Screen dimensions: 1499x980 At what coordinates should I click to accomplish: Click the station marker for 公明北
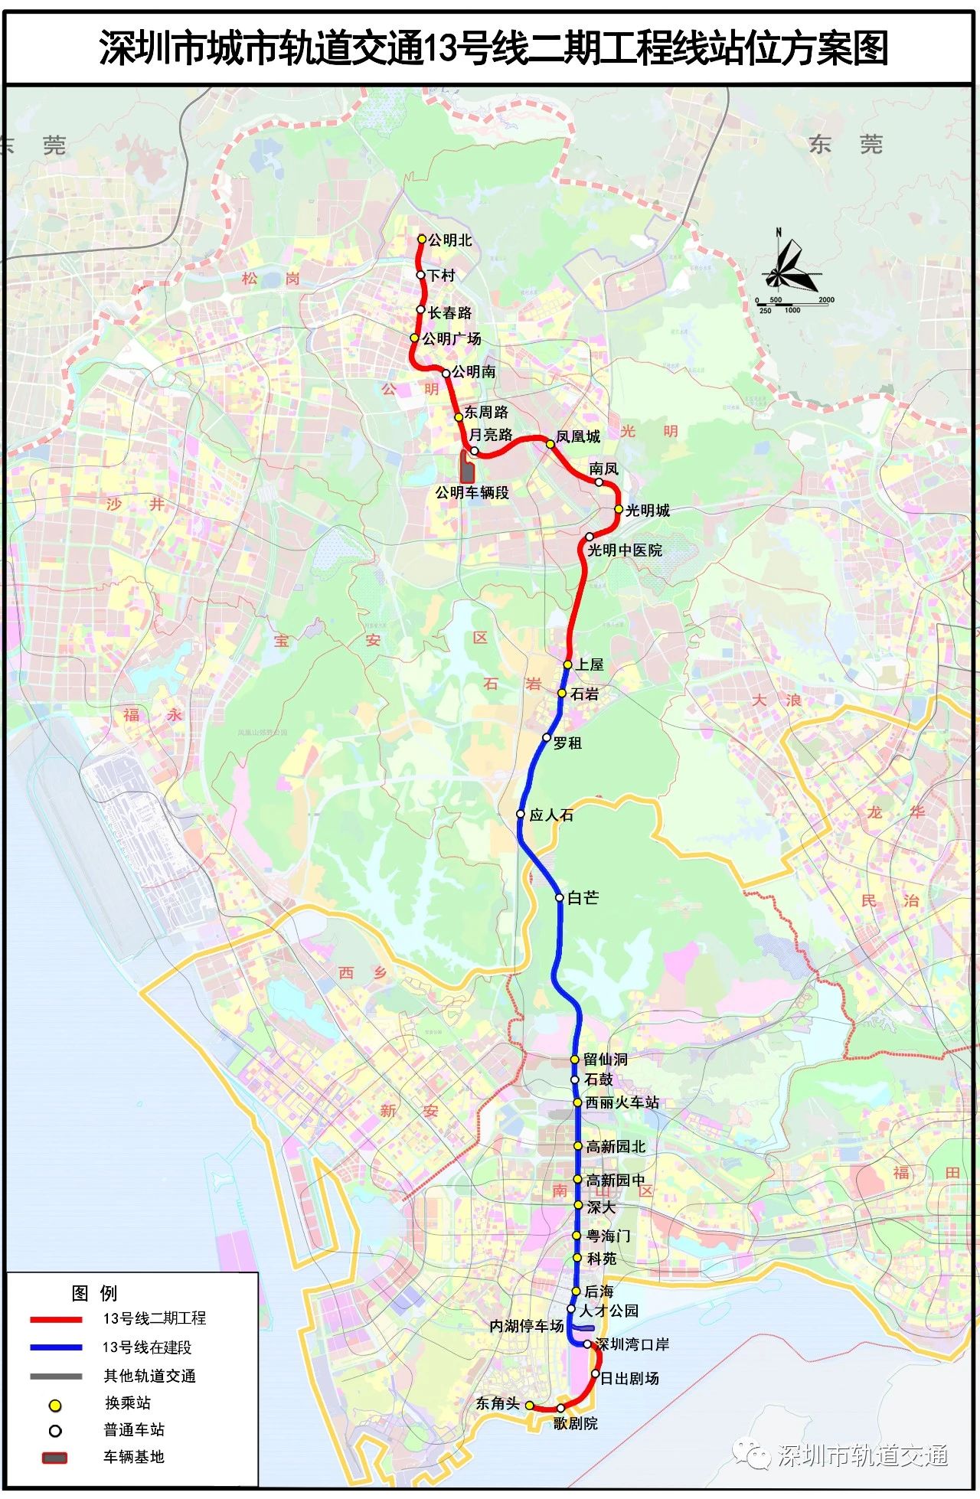421,239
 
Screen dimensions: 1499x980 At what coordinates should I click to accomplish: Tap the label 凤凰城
578,436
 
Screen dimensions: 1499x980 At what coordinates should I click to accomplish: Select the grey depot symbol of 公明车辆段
467,467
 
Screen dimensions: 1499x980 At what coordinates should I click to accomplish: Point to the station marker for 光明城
619,509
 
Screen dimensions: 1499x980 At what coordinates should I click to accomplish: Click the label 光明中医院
625,550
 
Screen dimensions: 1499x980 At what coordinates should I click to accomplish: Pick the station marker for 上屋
567,665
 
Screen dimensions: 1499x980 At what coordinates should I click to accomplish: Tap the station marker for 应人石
521,814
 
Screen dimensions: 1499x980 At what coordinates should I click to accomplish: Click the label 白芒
583,897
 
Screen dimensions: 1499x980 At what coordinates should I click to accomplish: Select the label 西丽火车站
622,1102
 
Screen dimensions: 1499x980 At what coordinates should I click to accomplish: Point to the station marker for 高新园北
578,1146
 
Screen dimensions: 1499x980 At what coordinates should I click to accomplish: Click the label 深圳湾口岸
632,1344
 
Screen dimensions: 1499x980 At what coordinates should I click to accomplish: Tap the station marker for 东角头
529,1405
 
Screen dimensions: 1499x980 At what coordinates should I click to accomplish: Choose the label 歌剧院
576,1423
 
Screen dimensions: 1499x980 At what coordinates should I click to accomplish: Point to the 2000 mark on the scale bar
826,300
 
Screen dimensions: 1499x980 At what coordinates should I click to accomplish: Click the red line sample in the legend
56,1319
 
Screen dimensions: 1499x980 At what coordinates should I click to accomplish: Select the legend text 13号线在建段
147,1347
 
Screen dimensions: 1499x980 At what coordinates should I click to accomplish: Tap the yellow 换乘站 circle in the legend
55,1406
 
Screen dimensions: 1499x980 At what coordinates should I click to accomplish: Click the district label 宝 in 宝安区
282,640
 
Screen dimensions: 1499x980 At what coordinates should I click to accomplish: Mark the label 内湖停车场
527,1325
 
